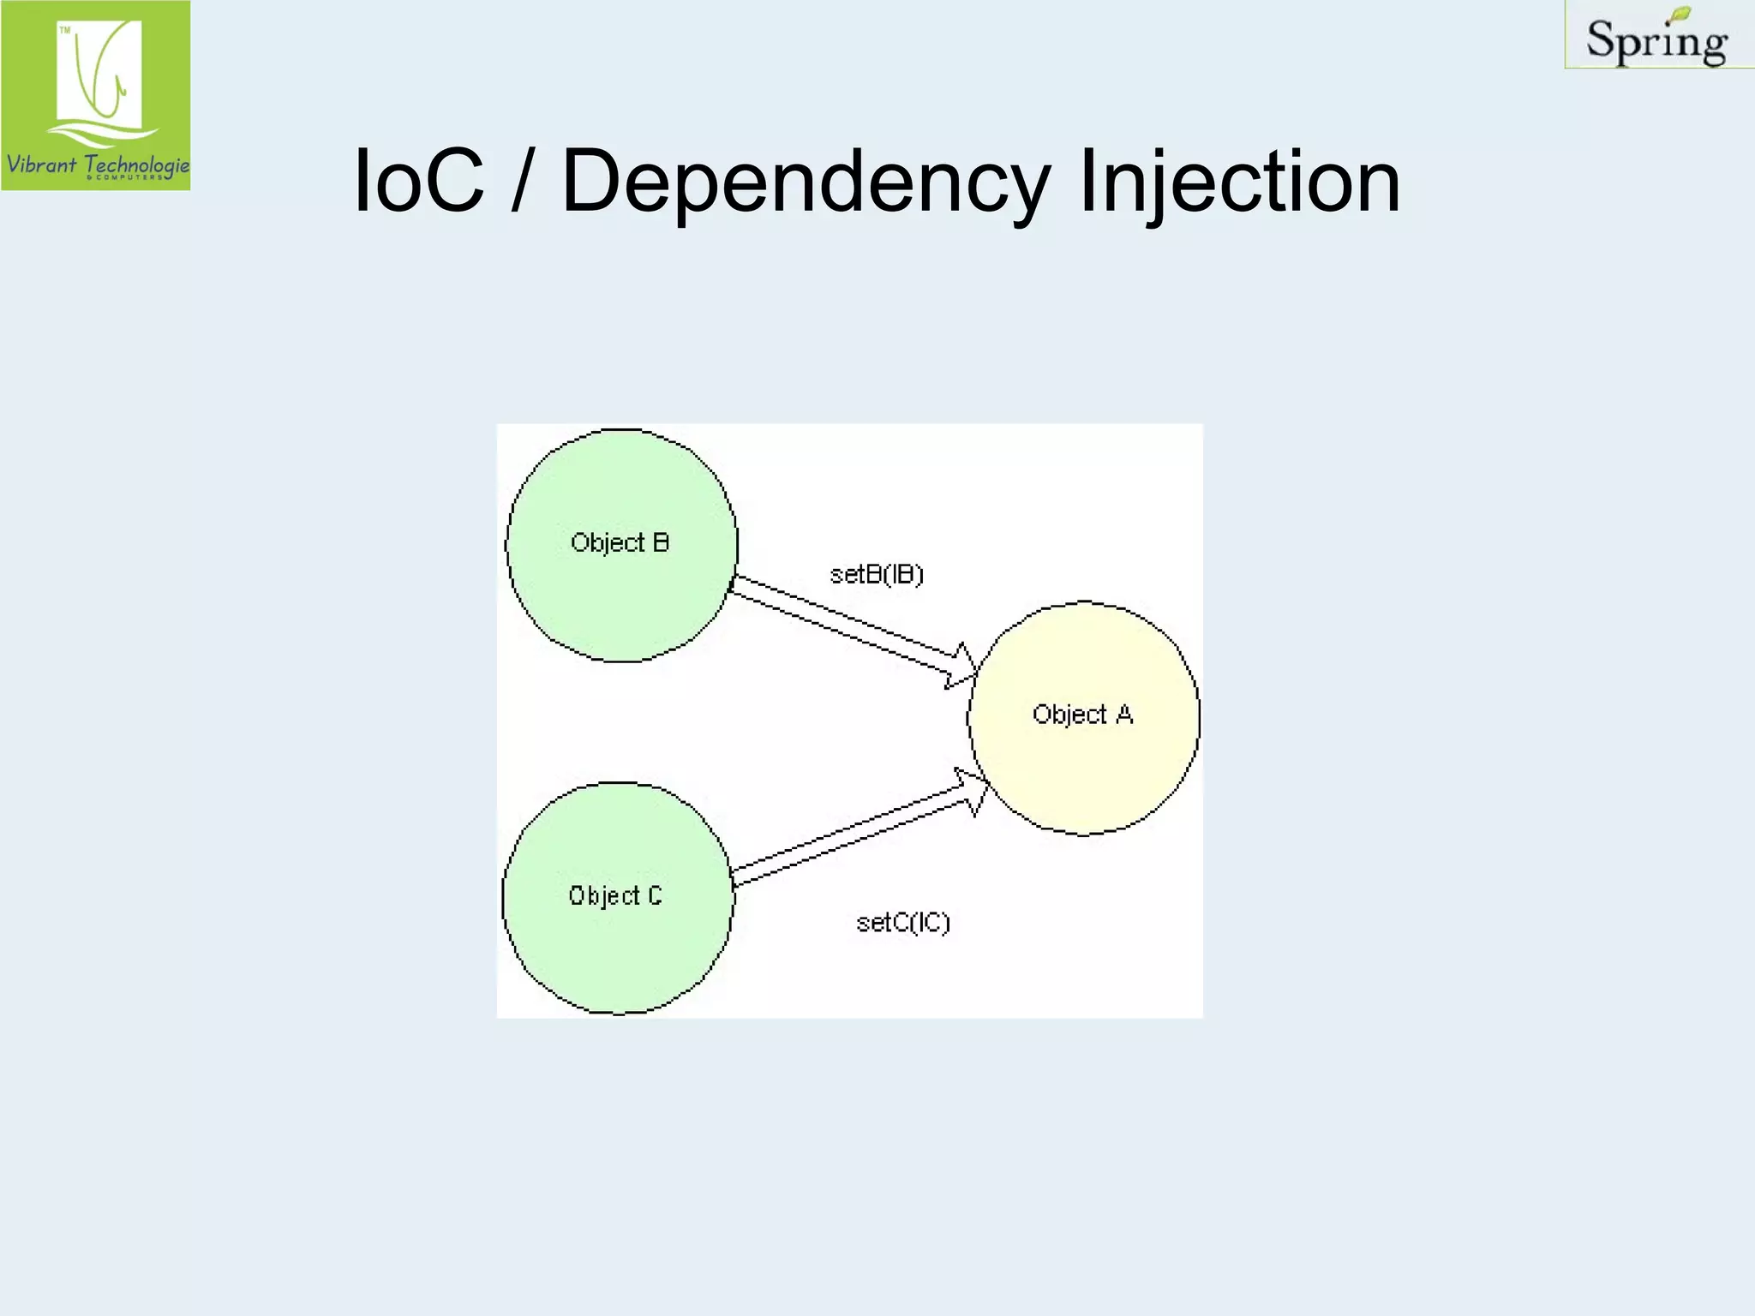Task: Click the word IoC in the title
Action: click(418, 182)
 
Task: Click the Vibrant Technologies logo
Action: click(96, 95)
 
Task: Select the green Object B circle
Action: click(621, 591)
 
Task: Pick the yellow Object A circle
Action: click(1084, 763)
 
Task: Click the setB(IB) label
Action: click(877, 574)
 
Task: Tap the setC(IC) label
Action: click(903, 923)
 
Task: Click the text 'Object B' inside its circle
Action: click(620, 542)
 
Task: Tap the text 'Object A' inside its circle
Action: click(1082, 715)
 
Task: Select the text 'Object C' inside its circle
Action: click(615, 896)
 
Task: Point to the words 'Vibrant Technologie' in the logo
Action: click(97, 164)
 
